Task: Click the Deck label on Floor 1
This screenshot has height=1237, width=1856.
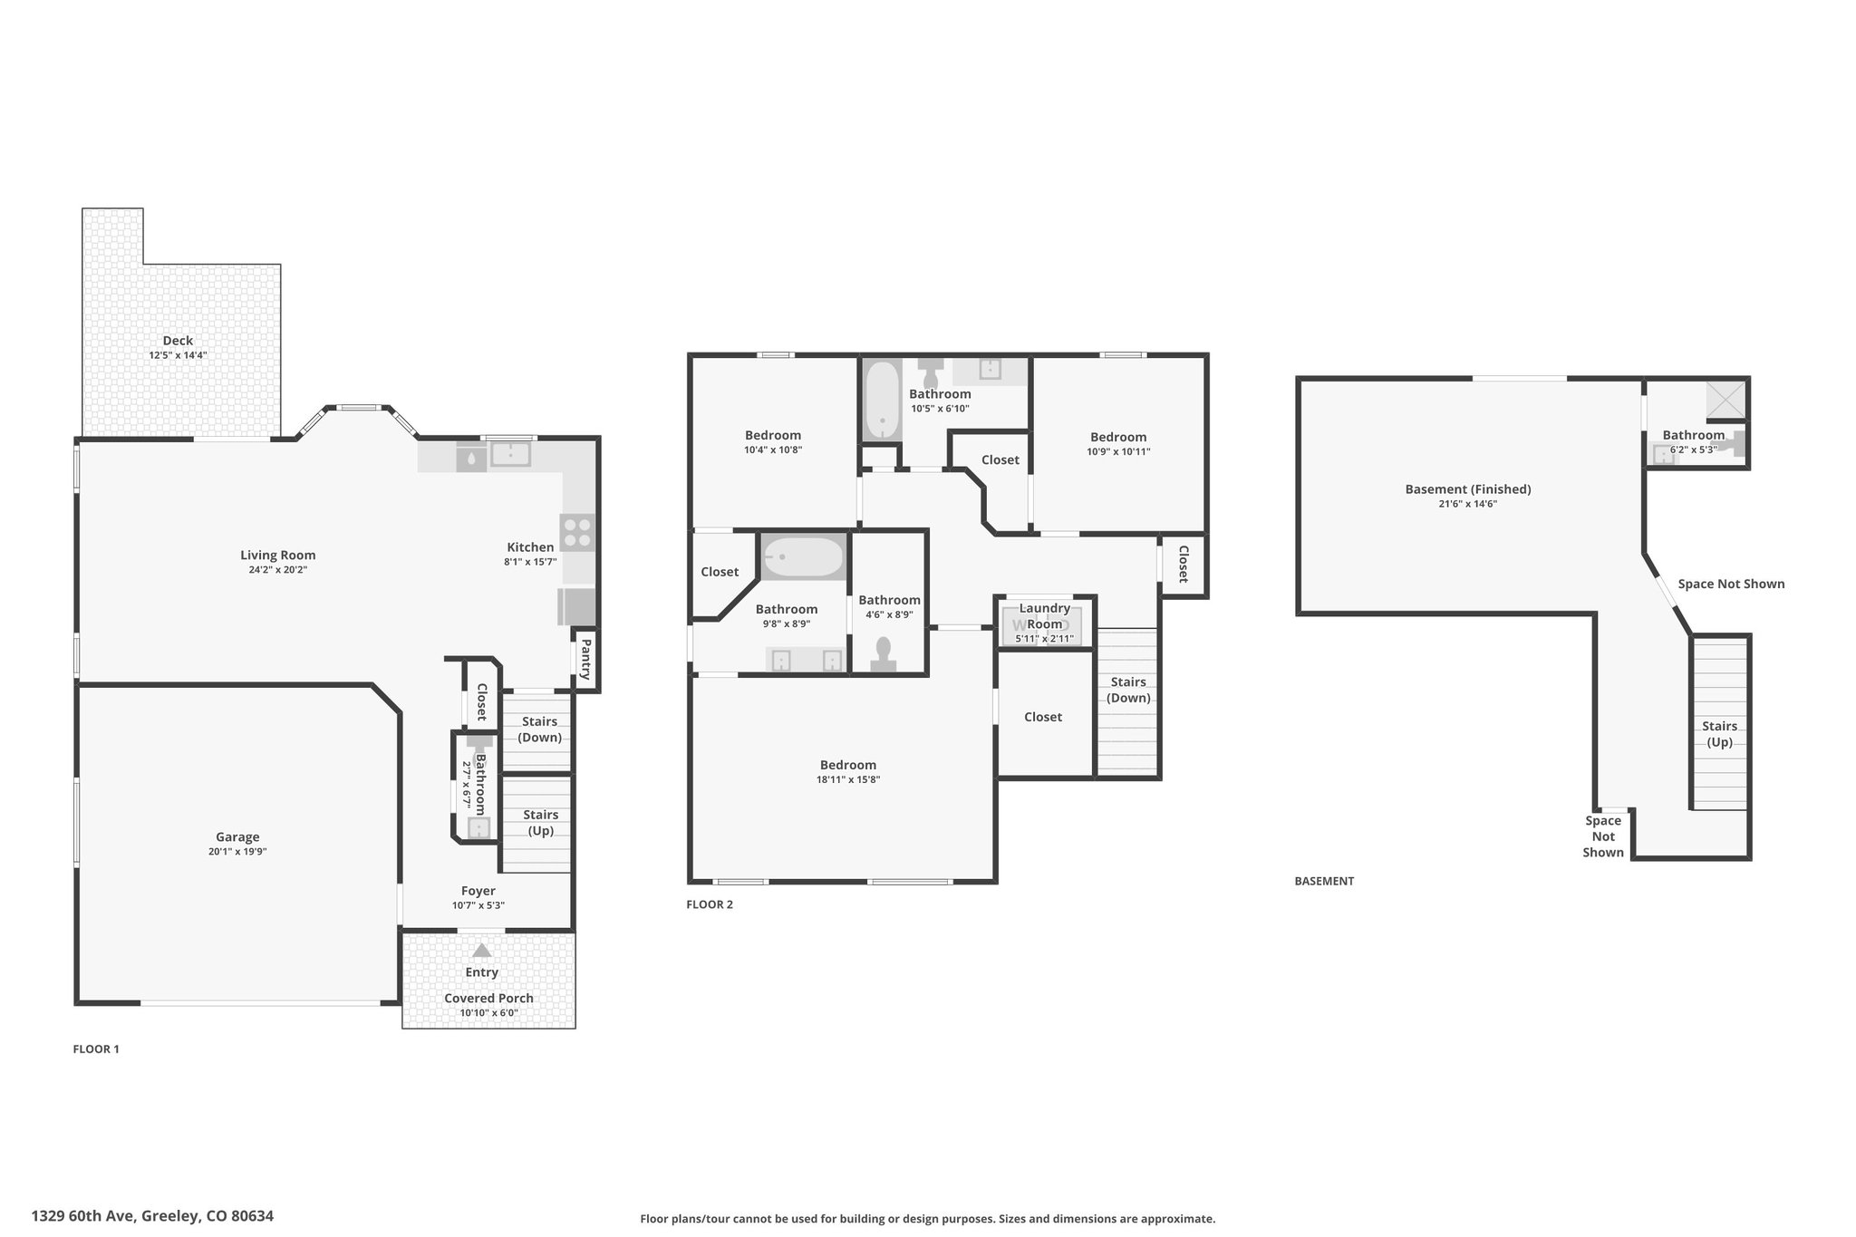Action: pos(178,341)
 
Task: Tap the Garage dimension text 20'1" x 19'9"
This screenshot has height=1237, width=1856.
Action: pos(237,852)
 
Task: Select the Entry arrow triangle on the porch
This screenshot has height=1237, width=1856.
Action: pos(482,951)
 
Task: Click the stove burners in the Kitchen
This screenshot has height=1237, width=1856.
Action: pos(577,532)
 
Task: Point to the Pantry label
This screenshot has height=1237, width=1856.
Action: pos(585,659)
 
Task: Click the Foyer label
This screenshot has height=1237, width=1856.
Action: pos(478,891)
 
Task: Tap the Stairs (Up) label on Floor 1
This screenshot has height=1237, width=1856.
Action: pos(540,823)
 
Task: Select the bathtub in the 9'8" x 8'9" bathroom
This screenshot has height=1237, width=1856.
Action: pos(803,557)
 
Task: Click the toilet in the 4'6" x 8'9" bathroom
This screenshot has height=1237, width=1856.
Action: pos(884,654)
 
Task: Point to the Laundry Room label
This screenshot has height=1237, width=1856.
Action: pos(1045,616)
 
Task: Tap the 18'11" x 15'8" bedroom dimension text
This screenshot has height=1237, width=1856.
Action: pos(848,779)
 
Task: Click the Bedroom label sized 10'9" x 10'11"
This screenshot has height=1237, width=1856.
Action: pos(1118,437)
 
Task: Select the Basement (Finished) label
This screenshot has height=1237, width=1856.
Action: pos(1468,489)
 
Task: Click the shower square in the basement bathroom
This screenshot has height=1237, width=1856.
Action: pos(1726,399)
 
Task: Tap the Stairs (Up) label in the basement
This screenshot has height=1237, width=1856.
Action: pos(1719,734)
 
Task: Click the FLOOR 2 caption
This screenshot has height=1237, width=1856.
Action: pos(710,904)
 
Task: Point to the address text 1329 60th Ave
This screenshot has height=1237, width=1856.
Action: pos(83,1216)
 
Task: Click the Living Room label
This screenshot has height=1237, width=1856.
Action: pos(278,556)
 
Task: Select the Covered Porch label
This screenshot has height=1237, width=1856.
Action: pos(488,999)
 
